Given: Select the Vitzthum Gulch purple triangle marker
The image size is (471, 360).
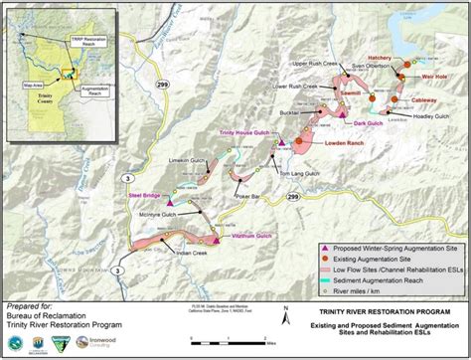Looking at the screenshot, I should (x=214, y=239).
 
